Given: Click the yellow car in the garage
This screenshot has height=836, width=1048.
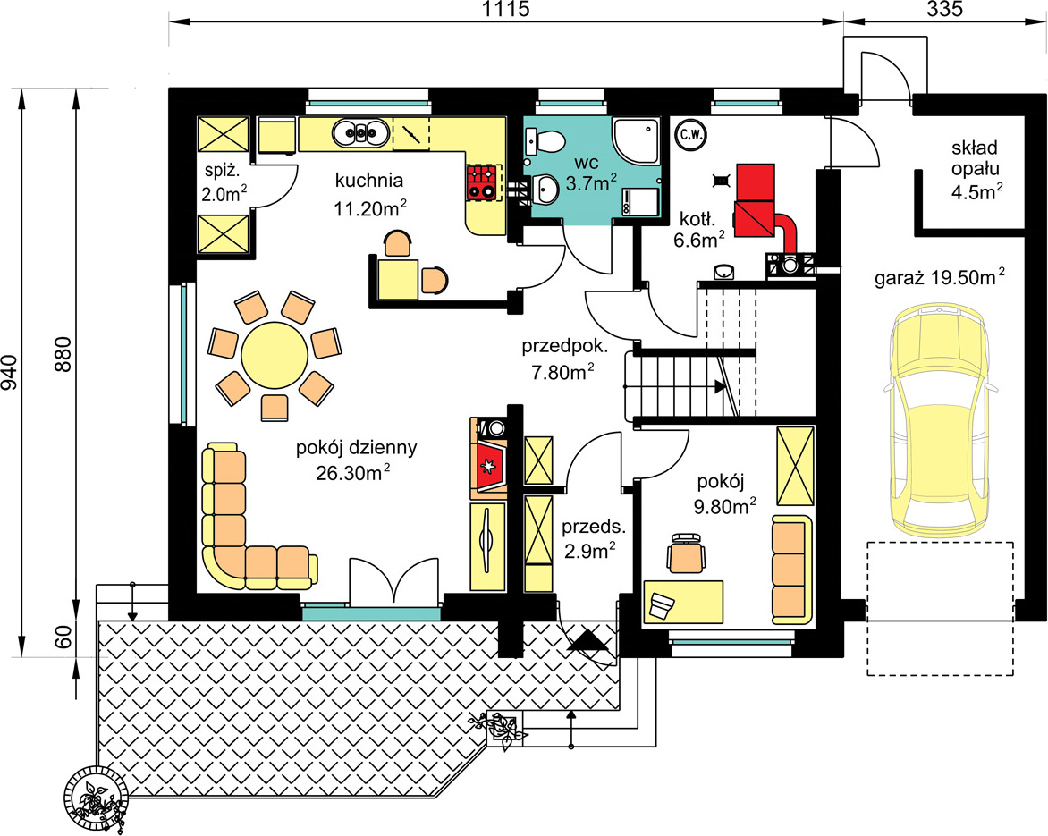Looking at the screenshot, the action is point(940,421).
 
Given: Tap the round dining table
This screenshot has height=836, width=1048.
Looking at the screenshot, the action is point(275,355).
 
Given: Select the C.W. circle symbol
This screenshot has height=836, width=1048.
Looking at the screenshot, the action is point(691,134).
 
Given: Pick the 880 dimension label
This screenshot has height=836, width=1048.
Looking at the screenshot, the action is point(63,355).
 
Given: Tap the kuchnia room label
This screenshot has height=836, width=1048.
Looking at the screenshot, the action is point(369,181).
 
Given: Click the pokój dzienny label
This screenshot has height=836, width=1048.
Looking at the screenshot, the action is point(357,447).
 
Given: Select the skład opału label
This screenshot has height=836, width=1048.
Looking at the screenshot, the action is point(976,157).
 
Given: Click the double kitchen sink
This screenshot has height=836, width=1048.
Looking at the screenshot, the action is point(361,132).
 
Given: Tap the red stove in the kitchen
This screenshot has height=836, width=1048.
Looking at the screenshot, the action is point(483,182).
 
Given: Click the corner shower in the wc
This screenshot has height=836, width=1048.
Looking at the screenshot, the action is point(637,141).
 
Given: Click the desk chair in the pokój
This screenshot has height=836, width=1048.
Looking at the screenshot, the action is point(687,553).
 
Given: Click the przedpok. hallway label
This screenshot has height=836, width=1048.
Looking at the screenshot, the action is point(565,347).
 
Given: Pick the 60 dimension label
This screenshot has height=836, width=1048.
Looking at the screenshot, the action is point(63,638).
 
